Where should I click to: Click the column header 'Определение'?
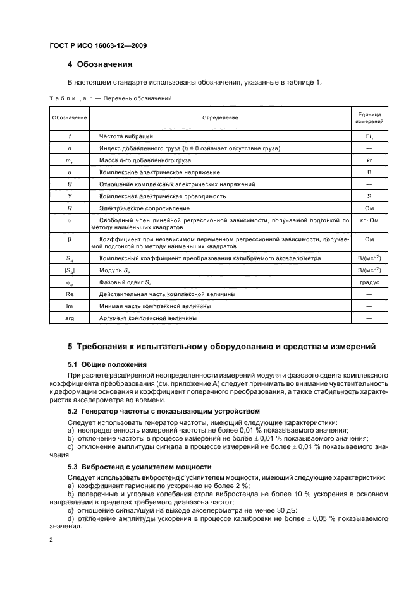pos(220,117)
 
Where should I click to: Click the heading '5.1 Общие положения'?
pos(107,365)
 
